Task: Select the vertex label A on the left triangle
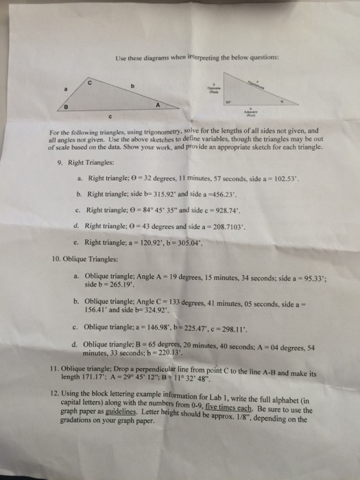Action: [x=158, y=106]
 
